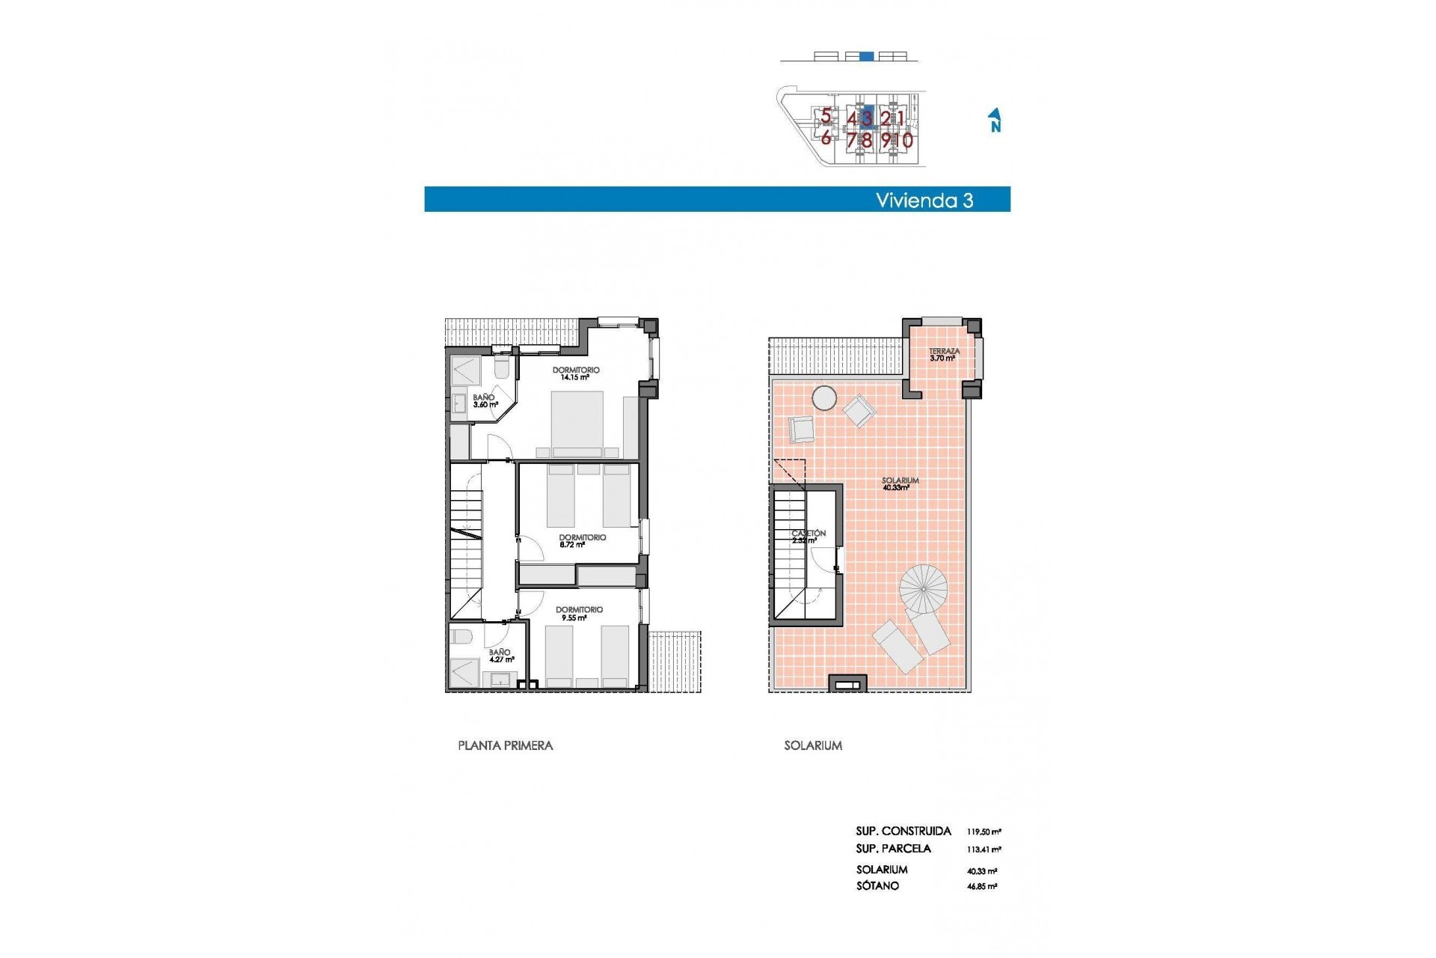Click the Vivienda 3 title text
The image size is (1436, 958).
[x=924, y=201]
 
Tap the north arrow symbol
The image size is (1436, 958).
[x=995, y=120]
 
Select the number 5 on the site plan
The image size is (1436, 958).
[x=826, y=116]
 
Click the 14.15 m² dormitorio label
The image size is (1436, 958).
[x=575, y=373]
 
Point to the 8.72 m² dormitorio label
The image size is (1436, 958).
[x=582, y=541]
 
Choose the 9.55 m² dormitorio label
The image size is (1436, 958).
[x=579, y=614]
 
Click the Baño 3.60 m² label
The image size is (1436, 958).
[x=485, y=401]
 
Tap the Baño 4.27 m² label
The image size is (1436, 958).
[x=500, y=656]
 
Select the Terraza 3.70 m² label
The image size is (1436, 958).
[x=944, y=354]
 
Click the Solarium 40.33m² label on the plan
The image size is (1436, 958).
[x=900, y=483]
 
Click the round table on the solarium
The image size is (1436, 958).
[x=825, y=398]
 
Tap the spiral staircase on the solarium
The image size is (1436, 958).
[x=923, y=588]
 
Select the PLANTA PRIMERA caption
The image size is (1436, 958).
[x=505, y=745]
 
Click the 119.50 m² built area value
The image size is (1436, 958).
[x=984, y=832]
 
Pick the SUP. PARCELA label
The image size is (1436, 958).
[x=893, y=849]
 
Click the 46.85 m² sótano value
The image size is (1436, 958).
[x=982, y=887]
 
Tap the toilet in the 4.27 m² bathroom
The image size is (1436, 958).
[x=460, y=638]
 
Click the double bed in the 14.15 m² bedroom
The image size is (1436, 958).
[x=577, y=423]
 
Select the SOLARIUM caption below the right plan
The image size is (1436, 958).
[x=813, y=745]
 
